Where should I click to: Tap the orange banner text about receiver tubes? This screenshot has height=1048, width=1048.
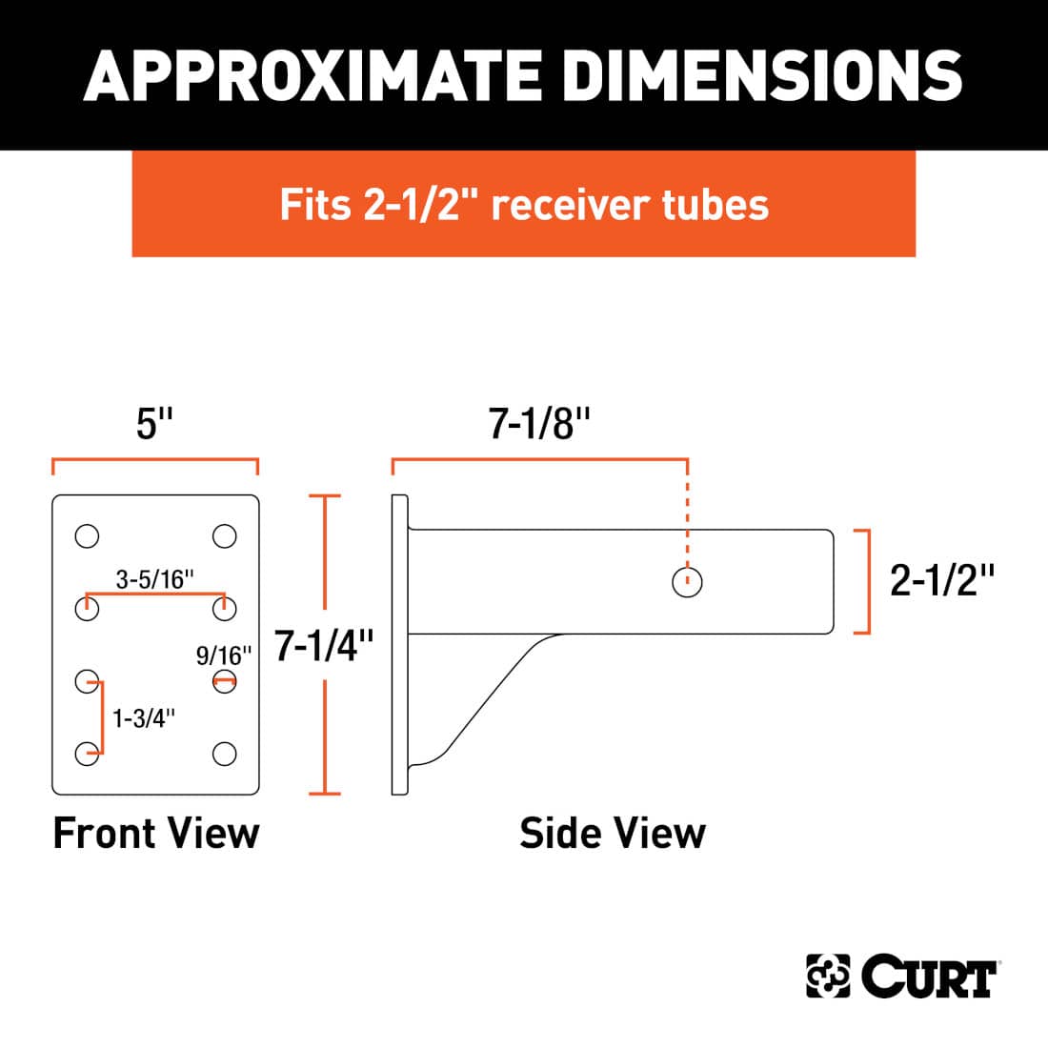pyautogui.click(x=524, y=205)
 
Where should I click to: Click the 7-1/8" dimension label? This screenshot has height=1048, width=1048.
pyautogui.click(x=540, y=423)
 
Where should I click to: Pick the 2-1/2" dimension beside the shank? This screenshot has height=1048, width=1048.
pyautogui.click(x=941, y=579)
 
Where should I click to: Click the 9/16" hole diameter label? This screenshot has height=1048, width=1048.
pyautogui.click(x=224, y=655)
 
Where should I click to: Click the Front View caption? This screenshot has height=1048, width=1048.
pyautogui.click(x=156, y=833)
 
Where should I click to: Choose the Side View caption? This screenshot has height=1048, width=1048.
pyautogui.click(x=613, y=833)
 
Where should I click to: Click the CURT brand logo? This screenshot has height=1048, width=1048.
pyautogui.click(x=901, y=977)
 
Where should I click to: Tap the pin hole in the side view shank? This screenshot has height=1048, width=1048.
pyautogui.click(x=687, y=581)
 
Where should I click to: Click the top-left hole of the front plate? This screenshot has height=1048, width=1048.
pyautogui.click(x=87, y=536)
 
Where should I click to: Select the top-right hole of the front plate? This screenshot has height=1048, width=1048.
pyautogui.click(x=225, y=536)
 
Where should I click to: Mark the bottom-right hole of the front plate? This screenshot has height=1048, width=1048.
pyautogui.click(x=225, y=755)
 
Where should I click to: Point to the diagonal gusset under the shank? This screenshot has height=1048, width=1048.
pyautogui.click(x=486, y=700)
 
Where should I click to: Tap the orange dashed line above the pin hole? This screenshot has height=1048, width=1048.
pyautogui.click(x=687, y=514)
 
